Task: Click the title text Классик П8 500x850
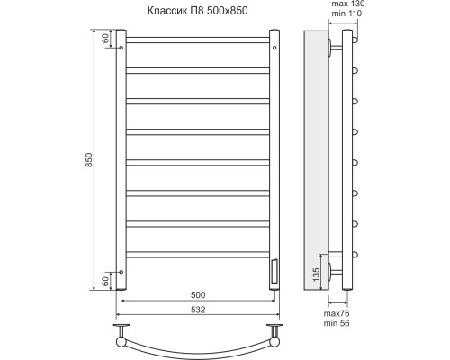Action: (198, 11)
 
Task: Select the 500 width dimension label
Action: (198, 295)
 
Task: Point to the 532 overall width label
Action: (198, 310)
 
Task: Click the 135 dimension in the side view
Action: (316, 274)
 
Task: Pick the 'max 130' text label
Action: (348, 4)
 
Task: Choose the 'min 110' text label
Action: (346, 13)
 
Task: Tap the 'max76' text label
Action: (337, 313)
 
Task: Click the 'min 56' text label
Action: (337, 323)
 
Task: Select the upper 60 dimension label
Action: (105, 39)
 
